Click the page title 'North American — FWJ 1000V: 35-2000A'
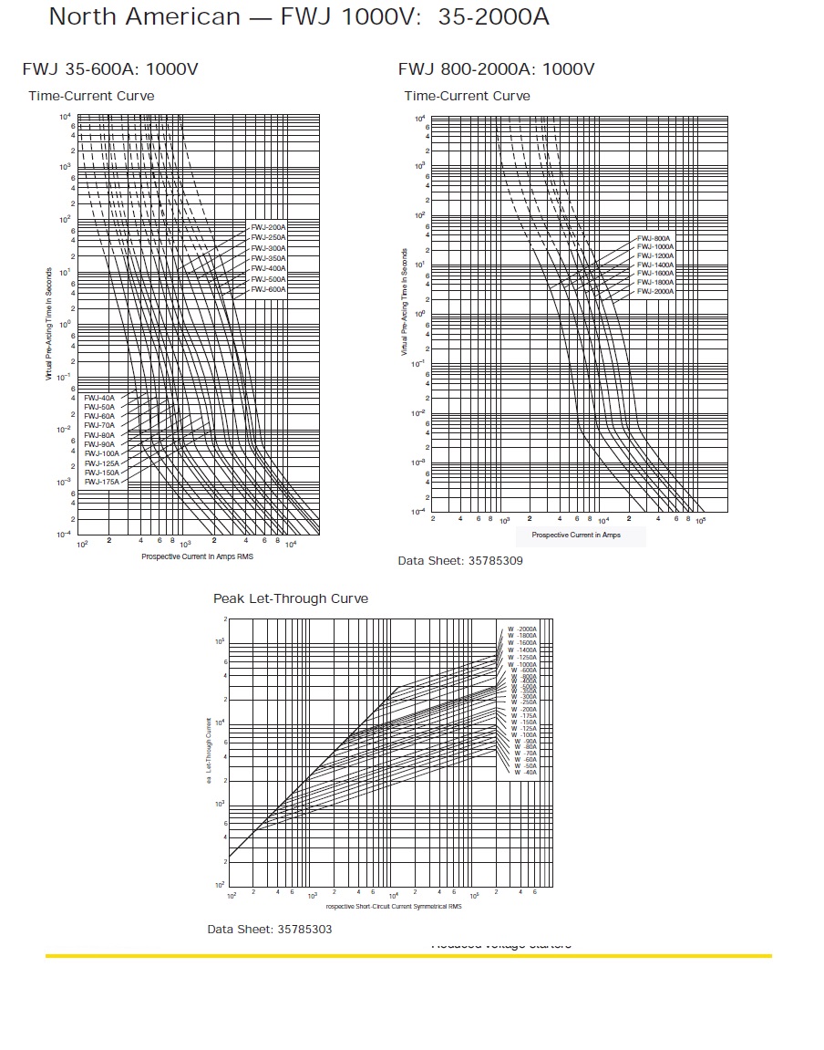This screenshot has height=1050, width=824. click(x=299, y=16)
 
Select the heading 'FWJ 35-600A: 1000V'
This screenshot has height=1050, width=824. click(x=110, y=69)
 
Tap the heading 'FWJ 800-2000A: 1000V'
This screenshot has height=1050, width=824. click(x=496, y=69)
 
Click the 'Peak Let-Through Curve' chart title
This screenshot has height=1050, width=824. click(x=291, y=598)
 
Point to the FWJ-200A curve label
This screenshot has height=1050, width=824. click(x=268, y=226)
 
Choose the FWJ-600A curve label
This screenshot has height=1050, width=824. click(x=268, y=289)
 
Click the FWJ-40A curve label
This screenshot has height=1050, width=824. click(x=99, y=398)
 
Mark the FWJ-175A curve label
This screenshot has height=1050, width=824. click(x=101, y=482)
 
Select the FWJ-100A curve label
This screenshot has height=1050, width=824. click(x=101, y=453)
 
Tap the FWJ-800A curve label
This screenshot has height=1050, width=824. click(x=654, y=238)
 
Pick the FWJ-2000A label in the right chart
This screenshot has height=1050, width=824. click(x=655, y=291)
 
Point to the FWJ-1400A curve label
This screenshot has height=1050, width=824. click(x=655, y=265)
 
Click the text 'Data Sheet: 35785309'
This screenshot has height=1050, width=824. click(x=460, y=560)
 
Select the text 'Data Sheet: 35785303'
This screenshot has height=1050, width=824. click(x=270, y=929)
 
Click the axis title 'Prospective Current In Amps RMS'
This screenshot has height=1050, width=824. click(x=197, y=556)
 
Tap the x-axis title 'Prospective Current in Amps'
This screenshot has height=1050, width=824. click(x=576, y=535)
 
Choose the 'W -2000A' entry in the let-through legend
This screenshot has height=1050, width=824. click(x=523, y=629)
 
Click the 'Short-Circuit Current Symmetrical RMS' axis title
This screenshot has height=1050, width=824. click(x=394, y=907)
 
